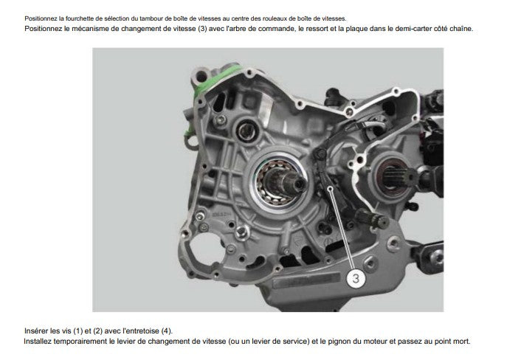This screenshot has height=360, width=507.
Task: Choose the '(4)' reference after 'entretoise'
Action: tap(172, 330)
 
